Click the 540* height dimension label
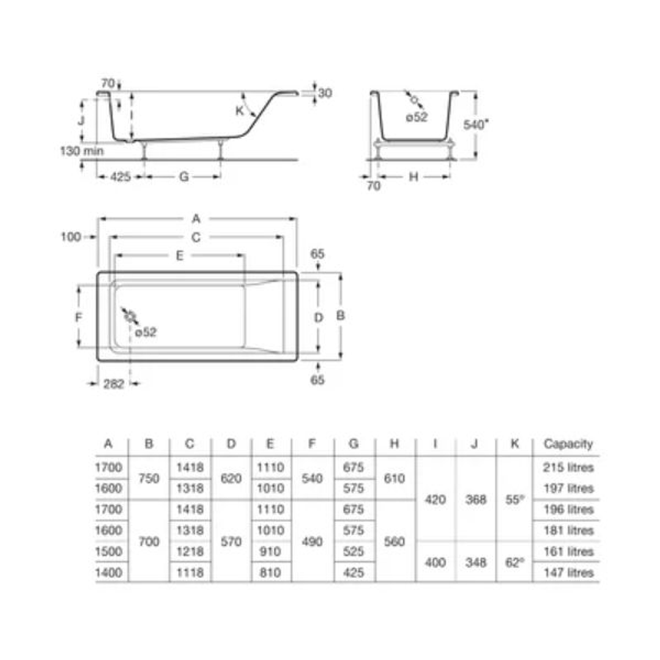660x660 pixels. point(476,124)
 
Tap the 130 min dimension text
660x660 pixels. point(82,150)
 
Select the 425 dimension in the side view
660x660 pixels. point(121,177)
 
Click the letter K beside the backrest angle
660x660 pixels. point(240,111)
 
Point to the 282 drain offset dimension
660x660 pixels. point(114,384)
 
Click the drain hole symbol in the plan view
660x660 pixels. point(130,316)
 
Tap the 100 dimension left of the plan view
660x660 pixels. point(71,237)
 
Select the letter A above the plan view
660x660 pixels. point(196,218)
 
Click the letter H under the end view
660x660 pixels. point(413,177)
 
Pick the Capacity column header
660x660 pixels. point(568,444)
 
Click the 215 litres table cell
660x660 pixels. point(568,468)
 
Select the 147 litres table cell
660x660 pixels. point(568,573)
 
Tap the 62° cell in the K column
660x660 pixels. point(515,562)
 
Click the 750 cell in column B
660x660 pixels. point(149,478)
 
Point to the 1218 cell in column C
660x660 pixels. point(190,552)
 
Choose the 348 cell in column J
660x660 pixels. point(475,562)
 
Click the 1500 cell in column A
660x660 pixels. point(109,552)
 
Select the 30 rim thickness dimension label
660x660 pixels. point(325,94)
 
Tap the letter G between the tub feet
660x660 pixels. point(184,177)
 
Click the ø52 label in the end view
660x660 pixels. point(417,118)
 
